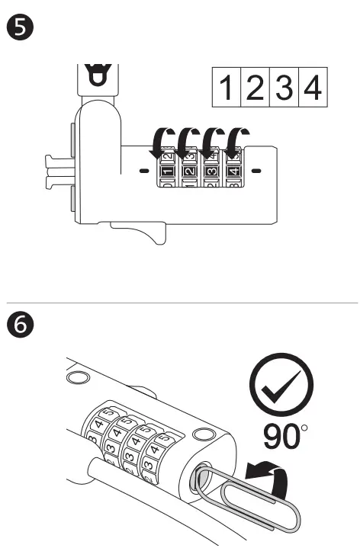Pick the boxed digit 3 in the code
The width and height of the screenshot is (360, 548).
pos(281,90)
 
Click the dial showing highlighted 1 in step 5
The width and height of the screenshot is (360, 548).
pos(166,171)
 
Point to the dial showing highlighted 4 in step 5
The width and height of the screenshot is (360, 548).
pos(233,171)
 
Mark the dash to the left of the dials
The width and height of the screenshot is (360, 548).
pos(143,171)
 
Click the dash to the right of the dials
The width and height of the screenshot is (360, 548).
pos(256,171)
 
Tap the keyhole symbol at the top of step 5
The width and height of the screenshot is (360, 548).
pos(96,77)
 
